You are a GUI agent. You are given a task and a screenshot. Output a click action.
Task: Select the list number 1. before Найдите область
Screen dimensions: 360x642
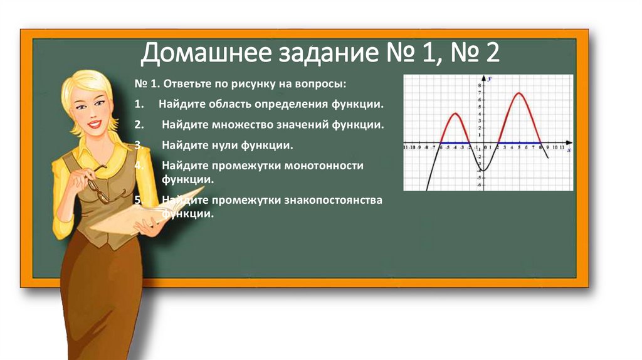pyautogui.click(x=139, y=103)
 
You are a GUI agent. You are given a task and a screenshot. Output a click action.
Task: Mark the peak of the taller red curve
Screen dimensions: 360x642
pyautogui.click(x=519, y=93)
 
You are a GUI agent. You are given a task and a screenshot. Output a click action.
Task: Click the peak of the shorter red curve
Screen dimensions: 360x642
pyautogui.click(x=455, y=114)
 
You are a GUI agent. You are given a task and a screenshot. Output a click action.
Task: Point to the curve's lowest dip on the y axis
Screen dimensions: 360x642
pyautogui.click(x=483, y=171)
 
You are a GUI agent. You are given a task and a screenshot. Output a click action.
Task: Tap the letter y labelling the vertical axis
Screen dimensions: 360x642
pyautogui.click(x=489, y=78)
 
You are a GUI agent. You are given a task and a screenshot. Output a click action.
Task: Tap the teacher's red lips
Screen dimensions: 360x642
pyautogui.click(x=94, y=124)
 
